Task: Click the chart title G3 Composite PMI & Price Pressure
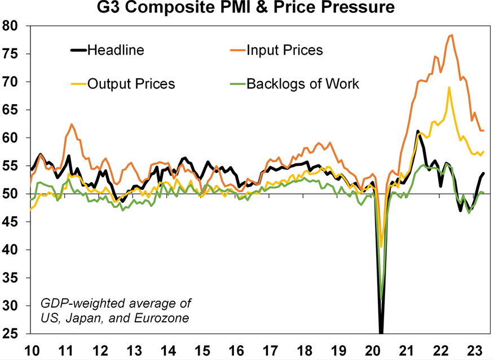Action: click(x=246, y=8)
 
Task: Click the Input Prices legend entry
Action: click(x=284, y=50)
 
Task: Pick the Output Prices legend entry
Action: click(x=131, y=85)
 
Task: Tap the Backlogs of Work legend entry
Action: click(x=302, y=85)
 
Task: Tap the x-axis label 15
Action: click(x=201, y=349)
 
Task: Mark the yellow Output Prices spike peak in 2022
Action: click(x=449, y=87)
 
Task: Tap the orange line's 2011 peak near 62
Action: click(x=72, y=124)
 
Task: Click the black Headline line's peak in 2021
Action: click(x=417, y=131)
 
